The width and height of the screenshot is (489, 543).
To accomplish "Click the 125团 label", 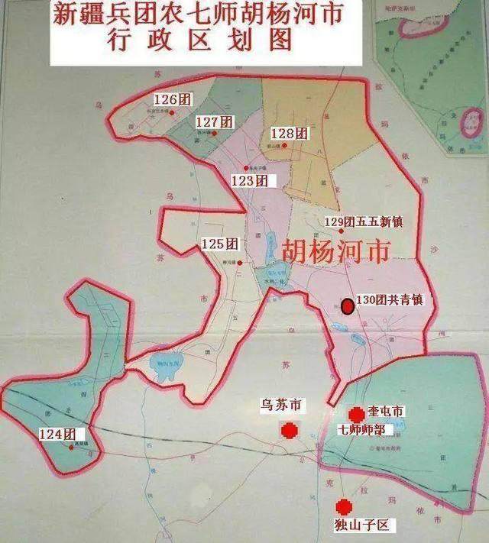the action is point(221,244).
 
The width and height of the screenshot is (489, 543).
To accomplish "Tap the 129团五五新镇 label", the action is point(363,221).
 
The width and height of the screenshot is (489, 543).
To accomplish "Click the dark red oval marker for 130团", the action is point(348,306).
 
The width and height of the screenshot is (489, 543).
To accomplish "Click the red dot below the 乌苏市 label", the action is point(289,431).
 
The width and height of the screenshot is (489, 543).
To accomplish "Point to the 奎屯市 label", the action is point(384,412).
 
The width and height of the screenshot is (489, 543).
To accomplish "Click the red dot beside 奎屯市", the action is point(355,413).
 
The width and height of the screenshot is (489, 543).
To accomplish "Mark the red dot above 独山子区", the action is point(344,506).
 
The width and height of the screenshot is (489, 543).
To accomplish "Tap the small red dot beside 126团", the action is point(173,112).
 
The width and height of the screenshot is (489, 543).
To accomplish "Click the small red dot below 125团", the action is point(240,263).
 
